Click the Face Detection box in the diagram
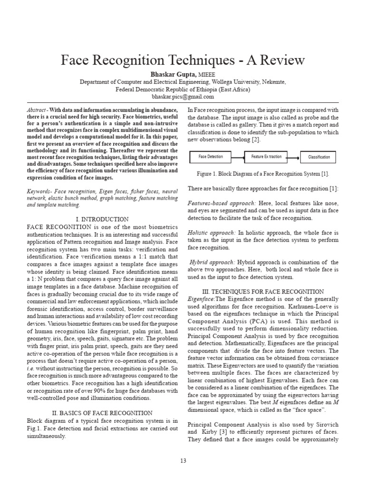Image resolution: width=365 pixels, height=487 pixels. coord(210,156)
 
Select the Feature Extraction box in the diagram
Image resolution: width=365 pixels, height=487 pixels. coord(266,156)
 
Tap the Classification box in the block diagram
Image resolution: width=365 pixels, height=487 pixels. coord(319,157)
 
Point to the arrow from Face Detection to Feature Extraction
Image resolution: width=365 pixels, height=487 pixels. coord(237,156)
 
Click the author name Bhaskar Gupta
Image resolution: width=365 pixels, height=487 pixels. coord(172,75)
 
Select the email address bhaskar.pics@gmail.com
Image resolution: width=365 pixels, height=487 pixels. coord(182,96)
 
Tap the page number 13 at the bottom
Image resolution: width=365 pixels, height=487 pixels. coord(182,461)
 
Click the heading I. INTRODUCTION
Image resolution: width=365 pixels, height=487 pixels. coord(102,219)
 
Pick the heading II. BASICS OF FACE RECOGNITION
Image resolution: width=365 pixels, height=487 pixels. coord(102,413)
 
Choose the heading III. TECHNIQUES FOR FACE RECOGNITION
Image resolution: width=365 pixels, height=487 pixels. coord(263,292)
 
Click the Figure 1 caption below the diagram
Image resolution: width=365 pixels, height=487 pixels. coord(263,174)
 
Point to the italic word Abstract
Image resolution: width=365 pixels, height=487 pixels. coord(36,110)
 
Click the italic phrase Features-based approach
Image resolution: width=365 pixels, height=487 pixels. coord(215,203)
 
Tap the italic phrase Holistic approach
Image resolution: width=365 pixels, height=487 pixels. coord(211,233)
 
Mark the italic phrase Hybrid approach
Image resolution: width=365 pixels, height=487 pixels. coord(212,262)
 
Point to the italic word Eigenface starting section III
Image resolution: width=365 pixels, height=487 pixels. coord(201,299)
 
